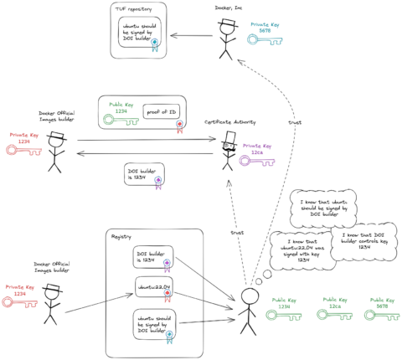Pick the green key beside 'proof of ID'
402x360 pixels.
pyautogui.click(x=120, y=119)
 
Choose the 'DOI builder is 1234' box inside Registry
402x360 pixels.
pyautogui.click(x=151, y=259)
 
